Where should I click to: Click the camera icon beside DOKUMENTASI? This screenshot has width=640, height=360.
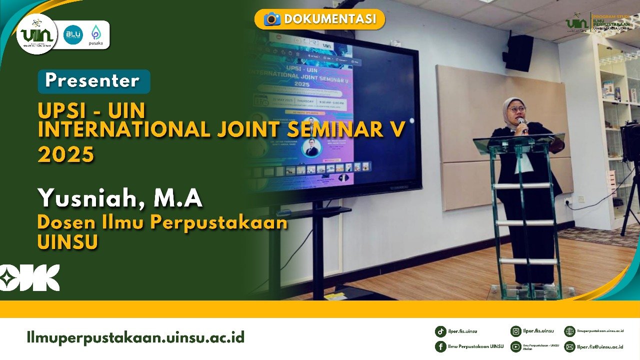point(272,19)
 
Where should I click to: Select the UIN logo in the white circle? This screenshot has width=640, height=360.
point(36,34)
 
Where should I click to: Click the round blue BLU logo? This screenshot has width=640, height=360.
point(73,34)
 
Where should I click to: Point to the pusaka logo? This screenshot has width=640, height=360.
point(95,34)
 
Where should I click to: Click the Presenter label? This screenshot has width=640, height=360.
point(93,81)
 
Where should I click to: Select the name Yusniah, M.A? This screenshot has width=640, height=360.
point(120,198)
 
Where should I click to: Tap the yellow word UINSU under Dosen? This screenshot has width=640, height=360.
point(67,241)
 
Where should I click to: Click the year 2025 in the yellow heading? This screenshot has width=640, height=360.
point(66,154)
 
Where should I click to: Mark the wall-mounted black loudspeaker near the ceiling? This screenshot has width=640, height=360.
point(519,53)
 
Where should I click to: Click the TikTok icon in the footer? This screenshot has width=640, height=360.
point(440,331)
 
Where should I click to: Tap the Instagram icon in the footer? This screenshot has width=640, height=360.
point(515,331)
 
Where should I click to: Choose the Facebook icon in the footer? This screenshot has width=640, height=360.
point(440,346)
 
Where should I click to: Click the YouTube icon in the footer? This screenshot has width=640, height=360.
point(515,346)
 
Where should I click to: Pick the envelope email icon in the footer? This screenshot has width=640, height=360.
point(569,346)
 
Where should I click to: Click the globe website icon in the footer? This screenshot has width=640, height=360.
point(569,331)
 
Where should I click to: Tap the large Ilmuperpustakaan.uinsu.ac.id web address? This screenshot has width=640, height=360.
point(135,337)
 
